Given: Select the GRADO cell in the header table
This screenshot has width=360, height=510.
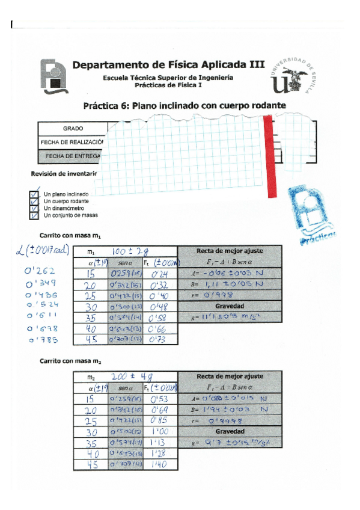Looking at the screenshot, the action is click(x=73, y=129).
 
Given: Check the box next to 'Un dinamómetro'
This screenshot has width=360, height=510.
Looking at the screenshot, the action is click(x=34, y=208).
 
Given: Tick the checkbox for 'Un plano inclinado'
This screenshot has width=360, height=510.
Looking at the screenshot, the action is click(x=34, y=194).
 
